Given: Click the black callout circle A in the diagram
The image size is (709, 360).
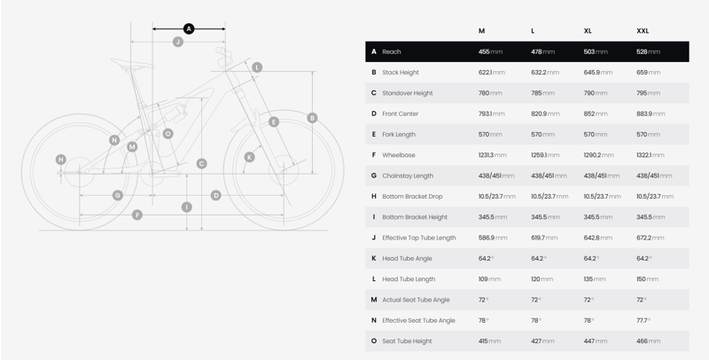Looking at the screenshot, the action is (189, 29).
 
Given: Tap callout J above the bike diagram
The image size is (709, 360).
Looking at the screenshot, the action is (178, 42).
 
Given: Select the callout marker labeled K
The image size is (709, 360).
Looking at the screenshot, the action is (250, 157).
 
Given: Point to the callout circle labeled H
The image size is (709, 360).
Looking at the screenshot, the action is (61, 160).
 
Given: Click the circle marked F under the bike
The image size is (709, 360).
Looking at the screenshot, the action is (137, 215).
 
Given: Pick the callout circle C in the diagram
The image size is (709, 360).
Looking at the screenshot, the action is (202, 164).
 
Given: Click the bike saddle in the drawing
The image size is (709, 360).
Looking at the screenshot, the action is (131, 64).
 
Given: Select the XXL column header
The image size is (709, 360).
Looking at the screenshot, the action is (643, 31).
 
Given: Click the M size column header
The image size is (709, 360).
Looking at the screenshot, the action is (481, 31).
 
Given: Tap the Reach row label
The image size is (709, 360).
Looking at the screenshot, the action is (392, 51).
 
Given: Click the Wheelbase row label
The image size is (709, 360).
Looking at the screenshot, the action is (398, 155).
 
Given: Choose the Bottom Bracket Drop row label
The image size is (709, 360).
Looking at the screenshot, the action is (412, 196).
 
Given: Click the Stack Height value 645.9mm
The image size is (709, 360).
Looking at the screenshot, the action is (597, 73).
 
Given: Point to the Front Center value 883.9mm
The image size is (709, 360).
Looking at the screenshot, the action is (651, 113).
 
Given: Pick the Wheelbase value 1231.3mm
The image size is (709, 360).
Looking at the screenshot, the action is (493, 155).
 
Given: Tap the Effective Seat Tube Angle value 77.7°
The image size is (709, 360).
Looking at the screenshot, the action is (643, 320).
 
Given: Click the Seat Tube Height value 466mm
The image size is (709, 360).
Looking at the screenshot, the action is (648, 341).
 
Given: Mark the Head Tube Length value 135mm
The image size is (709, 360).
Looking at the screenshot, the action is (594, 279).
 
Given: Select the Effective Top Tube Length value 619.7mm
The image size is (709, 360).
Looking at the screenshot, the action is (544, 238).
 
